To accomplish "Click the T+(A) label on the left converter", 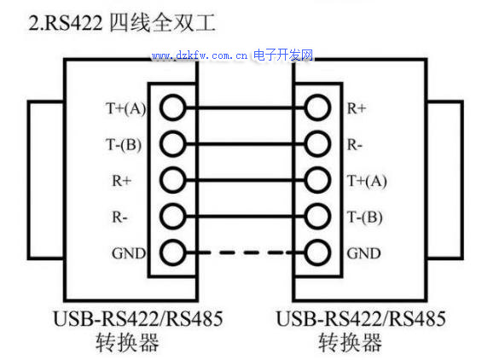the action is pyautogui.click(x=125, y=108).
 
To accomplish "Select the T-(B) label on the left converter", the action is pyautogui.click(x=124, y=144).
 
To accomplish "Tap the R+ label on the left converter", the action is pyautogui.click(x=122, y=181).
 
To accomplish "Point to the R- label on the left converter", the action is pyautogui.click(x=119, y=218).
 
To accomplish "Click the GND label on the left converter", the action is pyautogui.click(x=129, y=253).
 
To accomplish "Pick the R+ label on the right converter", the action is pyautogui.click(x=357, y=108).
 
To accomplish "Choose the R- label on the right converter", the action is pyautogui.click(x=354, y=144).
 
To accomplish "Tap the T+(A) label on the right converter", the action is pyautogui.click(x=367, y=181).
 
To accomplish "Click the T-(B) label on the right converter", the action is pyautogui.click(x=364, y=218).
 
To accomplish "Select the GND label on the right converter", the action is pyautogui.click(x=363, y=253).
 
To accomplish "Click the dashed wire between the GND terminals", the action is pyautogui.click(x=246, y=253).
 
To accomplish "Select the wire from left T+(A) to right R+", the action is pyautogui.click(x=246, y=107).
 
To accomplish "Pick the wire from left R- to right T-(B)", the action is pyautogui.click(x=246, y=217).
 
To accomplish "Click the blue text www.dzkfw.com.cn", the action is pyautogui.click(x=200, y=55).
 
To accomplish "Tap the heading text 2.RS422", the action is pyautogui.click(x=65, y=23).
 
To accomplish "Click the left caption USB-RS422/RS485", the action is pyautogui.click(x=138, y=319).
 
